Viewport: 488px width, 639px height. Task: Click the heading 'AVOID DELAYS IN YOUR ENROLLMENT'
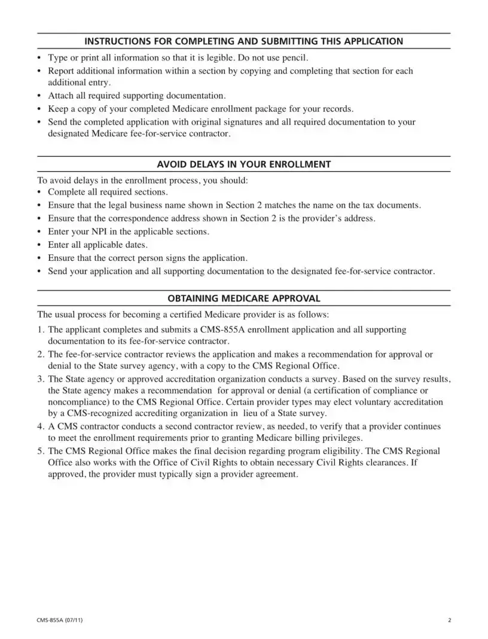[243, 164]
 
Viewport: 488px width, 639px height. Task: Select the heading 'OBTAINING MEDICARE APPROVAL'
[243, 298]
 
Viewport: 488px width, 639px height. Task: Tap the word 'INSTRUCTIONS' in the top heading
[113, 41]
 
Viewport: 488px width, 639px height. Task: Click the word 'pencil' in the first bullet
[294, 58]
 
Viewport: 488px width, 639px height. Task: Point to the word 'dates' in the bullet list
[135, 245]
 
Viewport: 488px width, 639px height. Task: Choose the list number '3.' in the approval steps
[41, 379]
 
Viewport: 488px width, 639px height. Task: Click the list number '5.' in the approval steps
[41, 451]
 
